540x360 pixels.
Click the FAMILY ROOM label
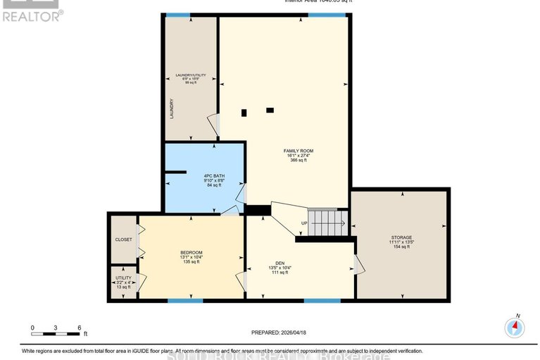click(298, 151)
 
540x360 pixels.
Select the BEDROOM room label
click(191, 253)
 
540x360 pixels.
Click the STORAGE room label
click(401, 237)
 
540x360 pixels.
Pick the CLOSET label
click(123, 240)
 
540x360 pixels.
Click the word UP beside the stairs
click(303, 223)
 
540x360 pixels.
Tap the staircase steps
click(325, 223)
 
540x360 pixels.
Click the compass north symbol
click(515, 326)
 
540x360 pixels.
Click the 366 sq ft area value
click(298, 160)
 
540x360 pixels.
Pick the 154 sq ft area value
click(401, 247)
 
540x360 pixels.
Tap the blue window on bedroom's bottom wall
click(185, 301)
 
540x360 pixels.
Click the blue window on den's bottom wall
click(322, 301)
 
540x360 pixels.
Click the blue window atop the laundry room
click(177, 15)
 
